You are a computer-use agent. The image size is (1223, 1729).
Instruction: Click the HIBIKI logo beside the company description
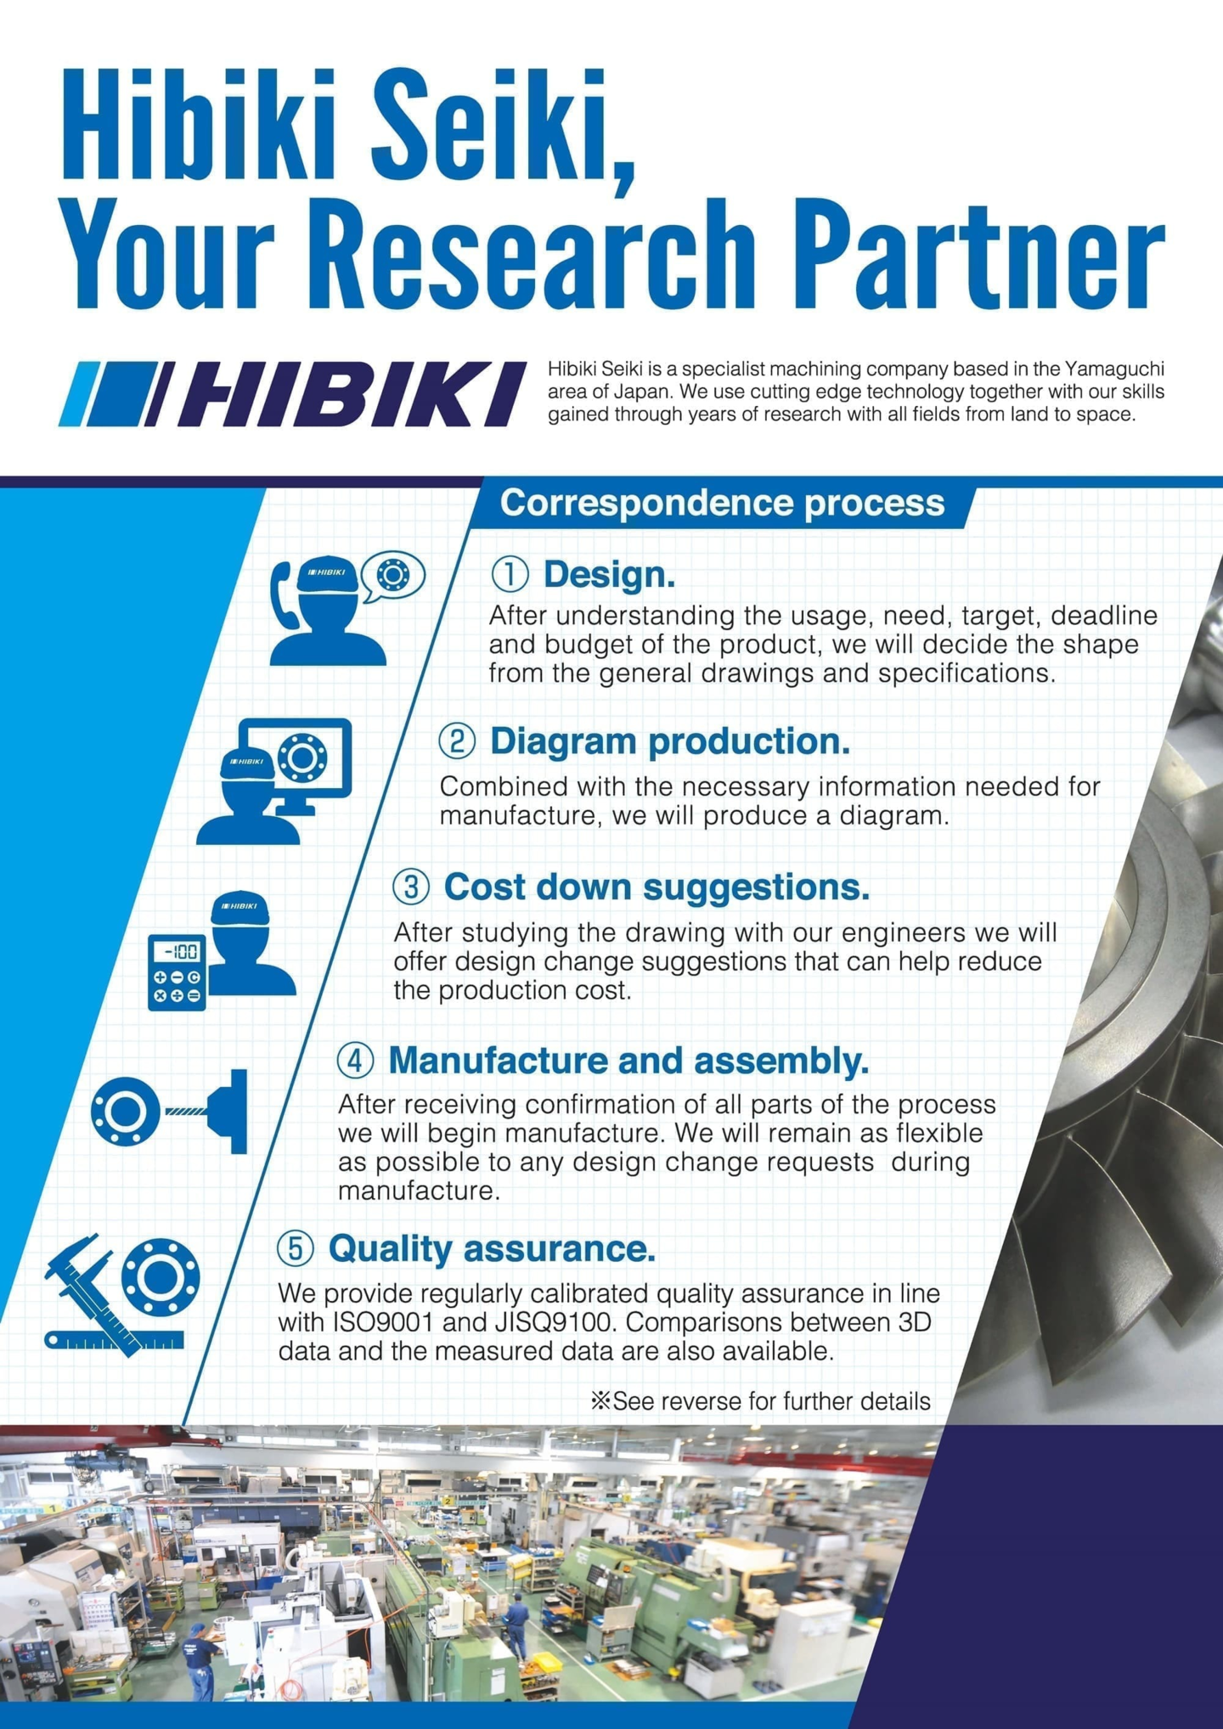point(293,393)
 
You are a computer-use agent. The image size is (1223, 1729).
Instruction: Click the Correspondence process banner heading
point(722,503)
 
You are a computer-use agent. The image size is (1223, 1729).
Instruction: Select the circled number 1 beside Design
point(510,574)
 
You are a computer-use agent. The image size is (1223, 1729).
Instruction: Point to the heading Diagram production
point(669,741)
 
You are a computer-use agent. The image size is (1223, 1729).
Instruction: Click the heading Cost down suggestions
point(657,887)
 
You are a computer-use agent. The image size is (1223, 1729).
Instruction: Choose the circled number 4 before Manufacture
point(355,1060)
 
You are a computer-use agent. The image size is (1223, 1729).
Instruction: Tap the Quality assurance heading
point(492,1248)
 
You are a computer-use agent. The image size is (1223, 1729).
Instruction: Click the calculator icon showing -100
point(177,972)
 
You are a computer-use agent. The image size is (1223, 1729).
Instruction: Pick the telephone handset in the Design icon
point(283,594)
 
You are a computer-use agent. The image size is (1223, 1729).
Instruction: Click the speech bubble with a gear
point(392,576)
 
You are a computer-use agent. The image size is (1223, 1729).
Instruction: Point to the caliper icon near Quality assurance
point(88,1291)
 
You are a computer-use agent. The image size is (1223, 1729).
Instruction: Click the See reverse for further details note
point(761,1401)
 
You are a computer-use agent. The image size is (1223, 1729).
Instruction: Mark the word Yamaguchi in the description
point(1114,369)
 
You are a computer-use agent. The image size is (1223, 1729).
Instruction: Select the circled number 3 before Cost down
point(411,887)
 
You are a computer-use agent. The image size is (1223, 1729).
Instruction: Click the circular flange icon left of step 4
point(124,1110)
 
